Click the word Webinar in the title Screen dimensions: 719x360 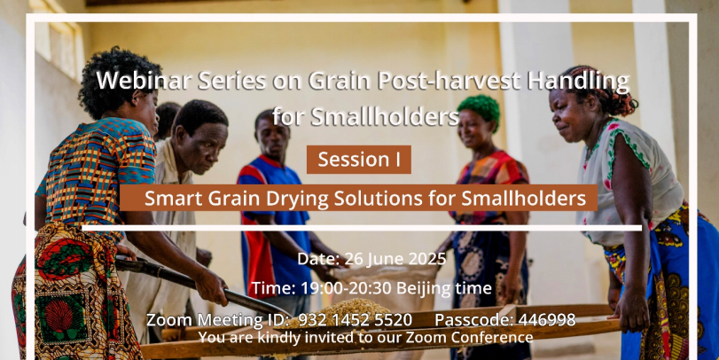144,81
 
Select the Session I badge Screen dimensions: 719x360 358,160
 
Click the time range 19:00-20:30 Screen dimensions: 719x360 347,288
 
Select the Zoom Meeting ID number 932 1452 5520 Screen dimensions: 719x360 355,320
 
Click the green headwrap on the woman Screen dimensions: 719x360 479,109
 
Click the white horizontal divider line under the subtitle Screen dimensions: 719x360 362,228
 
